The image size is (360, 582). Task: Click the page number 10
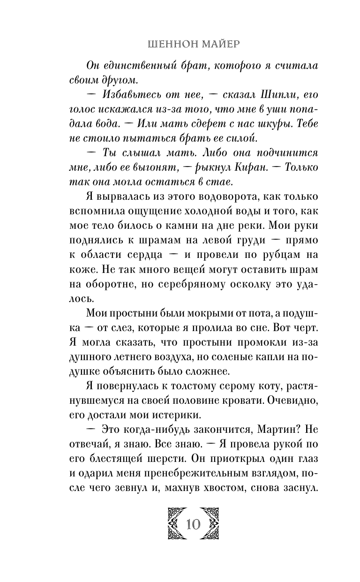[x=193, y=524]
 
